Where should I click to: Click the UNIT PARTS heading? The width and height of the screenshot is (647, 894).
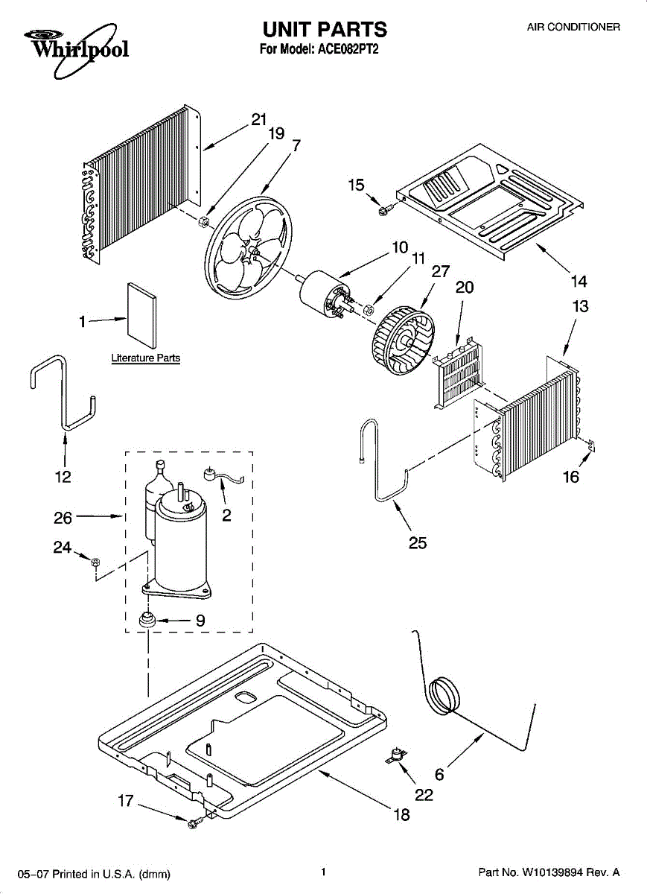coord(324,29)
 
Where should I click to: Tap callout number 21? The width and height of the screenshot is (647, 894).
coord(258,120)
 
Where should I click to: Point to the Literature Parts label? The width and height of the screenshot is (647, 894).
coord(146,358)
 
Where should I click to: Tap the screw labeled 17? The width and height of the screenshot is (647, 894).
coord(196,821)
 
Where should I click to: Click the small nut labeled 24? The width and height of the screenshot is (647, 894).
coord(95,562)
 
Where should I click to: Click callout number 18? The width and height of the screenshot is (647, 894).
coord(401,814)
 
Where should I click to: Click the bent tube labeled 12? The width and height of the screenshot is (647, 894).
coord(63,395)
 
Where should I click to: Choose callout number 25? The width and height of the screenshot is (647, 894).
coord(418,543)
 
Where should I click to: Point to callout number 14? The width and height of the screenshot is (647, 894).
coord(579,281)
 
